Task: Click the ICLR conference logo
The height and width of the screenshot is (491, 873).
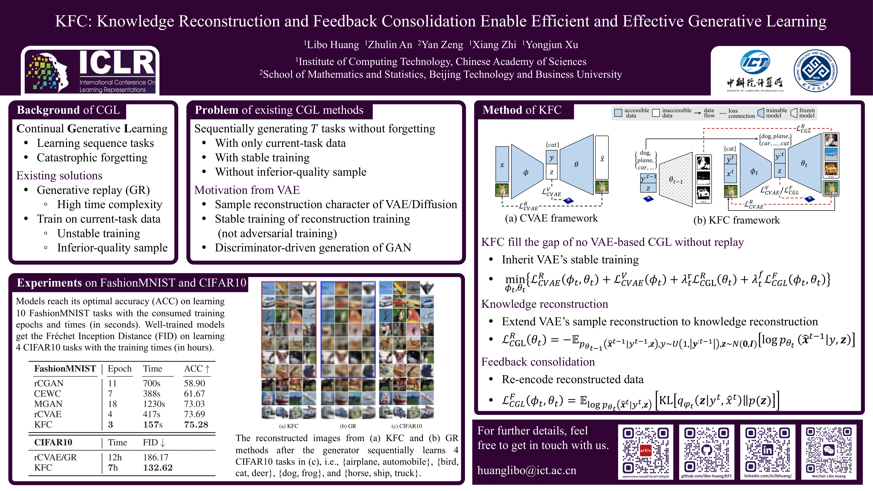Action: [90, 71]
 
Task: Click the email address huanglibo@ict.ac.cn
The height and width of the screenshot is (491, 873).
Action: [527, 470]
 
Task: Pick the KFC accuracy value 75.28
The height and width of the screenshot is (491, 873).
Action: [196, 425]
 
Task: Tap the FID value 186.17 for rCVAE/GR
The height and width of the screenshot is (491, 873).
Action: [155, 457]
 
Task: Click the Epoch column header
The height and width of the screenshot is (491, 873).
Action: [120, 369]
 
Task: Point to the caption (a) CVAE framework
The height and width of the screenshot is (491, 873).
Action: [551, 218]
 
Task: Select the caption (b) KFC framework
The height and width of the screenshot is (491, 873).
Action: [736, 220]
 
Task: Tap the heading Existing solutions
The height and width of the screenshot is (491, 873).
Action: [59, 175]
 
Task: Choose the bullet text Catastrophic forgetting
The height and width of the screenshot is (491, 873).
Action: [92, 158]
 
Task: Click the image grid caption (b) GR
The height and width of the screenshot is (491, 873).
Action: [348, 426]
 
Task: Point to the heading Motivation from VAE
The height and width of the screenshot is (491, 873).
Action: [247, 190]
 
